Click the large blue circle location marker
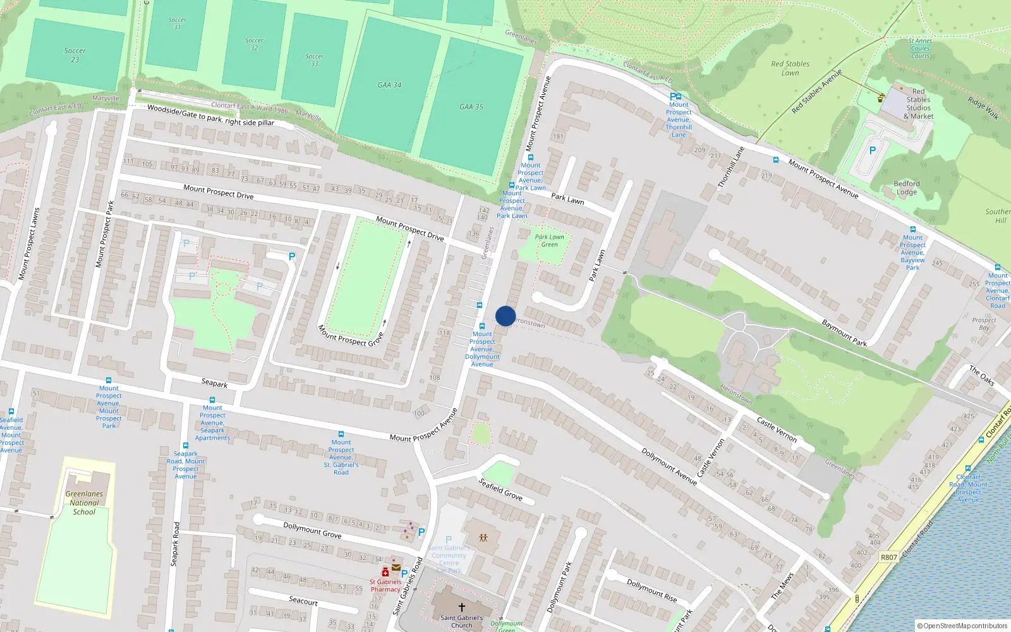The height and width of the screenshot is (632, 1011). coord(505,316)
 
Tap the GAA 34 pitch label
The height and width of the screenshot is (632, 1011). coord(389,85)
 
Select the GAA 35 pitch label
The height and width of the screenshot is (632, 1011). coord(471,107)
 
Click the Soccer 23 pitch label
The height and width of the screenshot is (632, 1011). coord(75,55)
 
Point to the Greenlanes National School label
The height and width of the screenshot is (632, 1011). coord(84,503)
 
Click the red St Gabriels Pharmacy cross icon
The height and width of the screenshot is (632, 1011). coord(385,572)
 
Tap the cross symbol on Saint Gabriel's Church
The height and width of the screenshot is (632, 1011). coord(462,607)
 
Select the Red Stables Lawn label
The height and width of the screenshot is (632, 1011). coord(790,68)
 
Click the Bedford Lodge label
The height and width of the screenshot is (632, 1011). coord(907,188)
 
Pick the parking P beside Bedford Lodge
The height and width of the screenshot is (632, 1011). coord(873,150)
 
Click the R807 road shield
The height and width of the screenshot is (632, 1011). coord(889,557)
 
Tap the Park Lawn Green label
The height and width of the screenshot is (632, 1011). coord(549,241)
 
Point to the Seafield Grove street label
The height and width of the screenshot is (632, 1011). coord(500,489)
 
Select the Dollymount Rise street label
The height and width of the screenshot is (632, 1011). coord(651,590)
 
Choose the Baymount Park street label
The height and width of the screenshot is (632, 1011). coord(844,333)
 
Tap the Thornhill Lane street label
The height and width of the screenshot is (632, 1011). coord(730,167)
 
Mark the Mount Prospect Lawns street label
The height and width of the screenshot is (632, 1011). coord(28,244)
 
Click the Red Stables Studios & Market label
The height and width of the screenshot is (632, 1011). coord(918,104)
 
